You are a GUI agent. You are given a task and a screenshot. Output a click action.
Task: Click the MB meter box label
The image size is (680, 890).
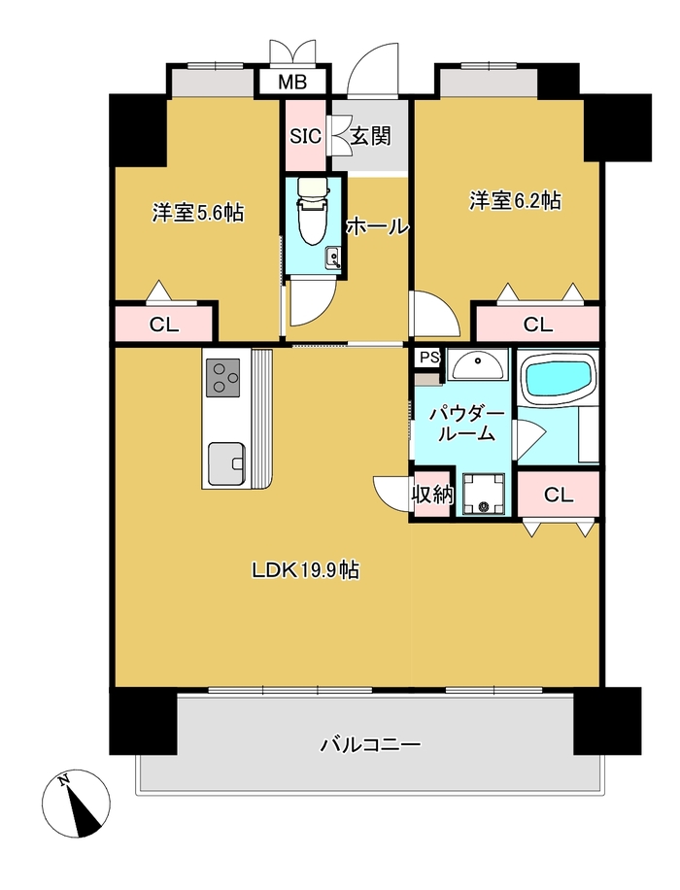[292, 83]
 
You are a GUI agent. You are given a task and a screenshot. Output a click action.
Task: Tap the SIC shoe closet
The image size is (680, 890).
[306, 136]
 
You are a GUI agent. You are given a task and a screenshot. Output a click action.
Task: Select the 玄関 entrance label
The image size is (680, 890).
[371, 136]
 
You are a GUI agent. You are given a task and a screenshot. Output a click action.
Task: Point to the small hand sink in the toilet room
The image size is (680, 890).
[333, 258]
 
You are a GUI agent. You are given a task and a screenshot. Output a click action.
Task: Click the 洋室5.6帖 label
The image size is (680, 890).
[197, 214]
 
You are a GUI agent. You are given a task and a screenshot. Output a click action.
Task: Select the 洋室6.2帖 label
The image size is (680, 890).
[515, 201]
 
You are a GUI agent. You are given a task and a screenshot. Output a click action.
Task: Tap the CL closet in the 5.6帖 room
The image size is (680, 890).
[164, 325]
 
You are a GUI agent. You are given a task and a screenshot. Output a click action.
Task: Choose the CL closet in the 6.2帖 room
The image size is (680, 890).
[537, 325]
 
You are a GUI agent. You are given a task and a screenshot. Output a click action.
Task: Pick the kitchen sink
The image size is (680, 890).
[227, 463]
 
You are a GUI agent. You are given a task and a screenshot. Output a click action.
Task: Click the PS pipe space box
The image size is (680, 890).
[429, 359]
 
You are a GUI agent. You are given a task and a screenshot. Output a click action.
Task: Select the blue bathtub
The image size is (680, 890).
[561, 376]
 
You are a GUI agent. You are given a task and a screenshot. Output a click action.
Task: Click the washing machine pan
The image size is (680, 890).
[483, 494]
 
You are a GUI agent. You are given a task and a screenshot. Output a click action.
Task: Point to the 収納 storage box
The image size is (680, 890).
[432, 494]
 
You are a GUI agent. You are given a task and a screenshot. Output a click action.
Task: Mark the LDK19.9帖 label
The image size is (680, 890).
[305, 570]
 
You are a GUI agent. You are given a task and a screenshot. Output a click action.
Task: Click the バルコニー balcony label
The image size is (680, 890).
[371, 744]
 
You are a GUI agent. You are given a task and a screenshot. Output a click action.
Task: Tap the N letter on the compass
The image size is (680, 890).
[64, 780]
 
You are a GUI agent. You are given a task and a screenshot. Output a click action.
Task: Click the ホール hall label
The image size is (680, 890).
[378, 227]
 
